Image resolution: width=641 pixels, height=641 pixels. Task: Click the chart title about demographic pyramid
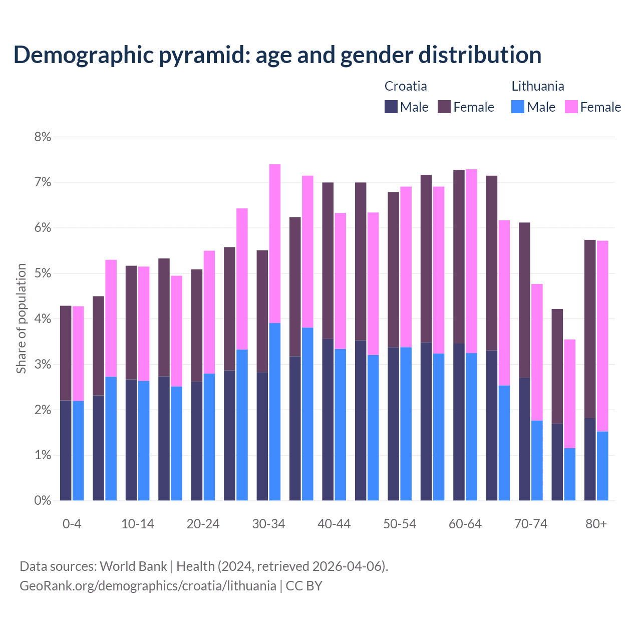(x=277, y=55)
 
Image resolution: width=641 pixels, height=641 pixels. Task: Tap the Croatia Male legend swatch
(x=391, y=107)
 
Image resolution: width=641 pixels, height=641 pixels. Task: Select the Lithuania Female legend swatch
(x=571, y=107)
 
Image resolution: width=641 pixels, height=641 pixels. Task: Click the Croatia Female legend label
(x=473, y=107)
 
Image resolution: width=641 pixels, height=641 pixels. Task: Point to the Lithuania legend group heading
(x=537, y=86)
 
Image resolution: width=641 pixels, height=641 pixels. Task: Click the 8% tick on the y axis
(x=43, y=137)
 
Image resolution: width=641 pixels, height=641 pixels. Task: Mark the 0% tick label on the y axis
(x=43, y=500)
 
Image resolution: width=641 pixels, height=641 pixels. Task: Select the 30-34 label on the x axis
(x=268, y=524)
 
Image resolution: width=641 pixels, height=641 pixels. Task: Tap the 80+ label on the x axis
(x=596, y=524)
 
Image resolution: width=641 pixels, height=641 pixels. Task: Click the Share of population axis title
(x=21, y=318)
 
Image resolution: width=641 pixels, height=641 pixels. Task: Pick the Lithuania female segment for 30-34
(x=275, y=243)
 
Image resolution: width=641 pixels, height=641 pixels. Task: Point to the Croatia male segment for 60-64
(x=459, y=422)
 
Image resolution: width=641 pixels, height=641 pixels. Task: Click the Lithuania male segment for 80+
(x=602, y=466)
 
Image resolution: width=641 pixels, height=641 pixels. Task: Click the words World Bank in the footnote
(x=133, y=566)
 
